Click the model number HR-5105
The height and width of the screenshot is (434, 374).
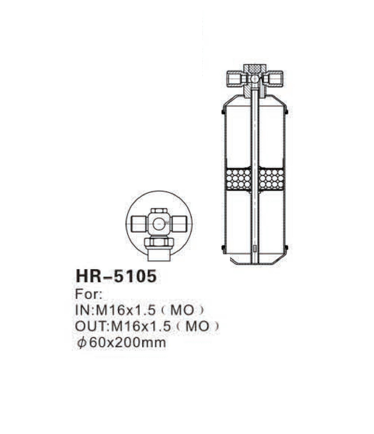pyautogui.click(x=115, y=277)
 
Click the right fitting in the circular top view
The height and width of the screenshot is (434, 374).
pyautogui.click(x=180, y=224)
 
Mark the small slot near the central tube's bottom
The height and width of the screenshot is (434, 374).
pyautogui.click(x=254, y=248)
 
